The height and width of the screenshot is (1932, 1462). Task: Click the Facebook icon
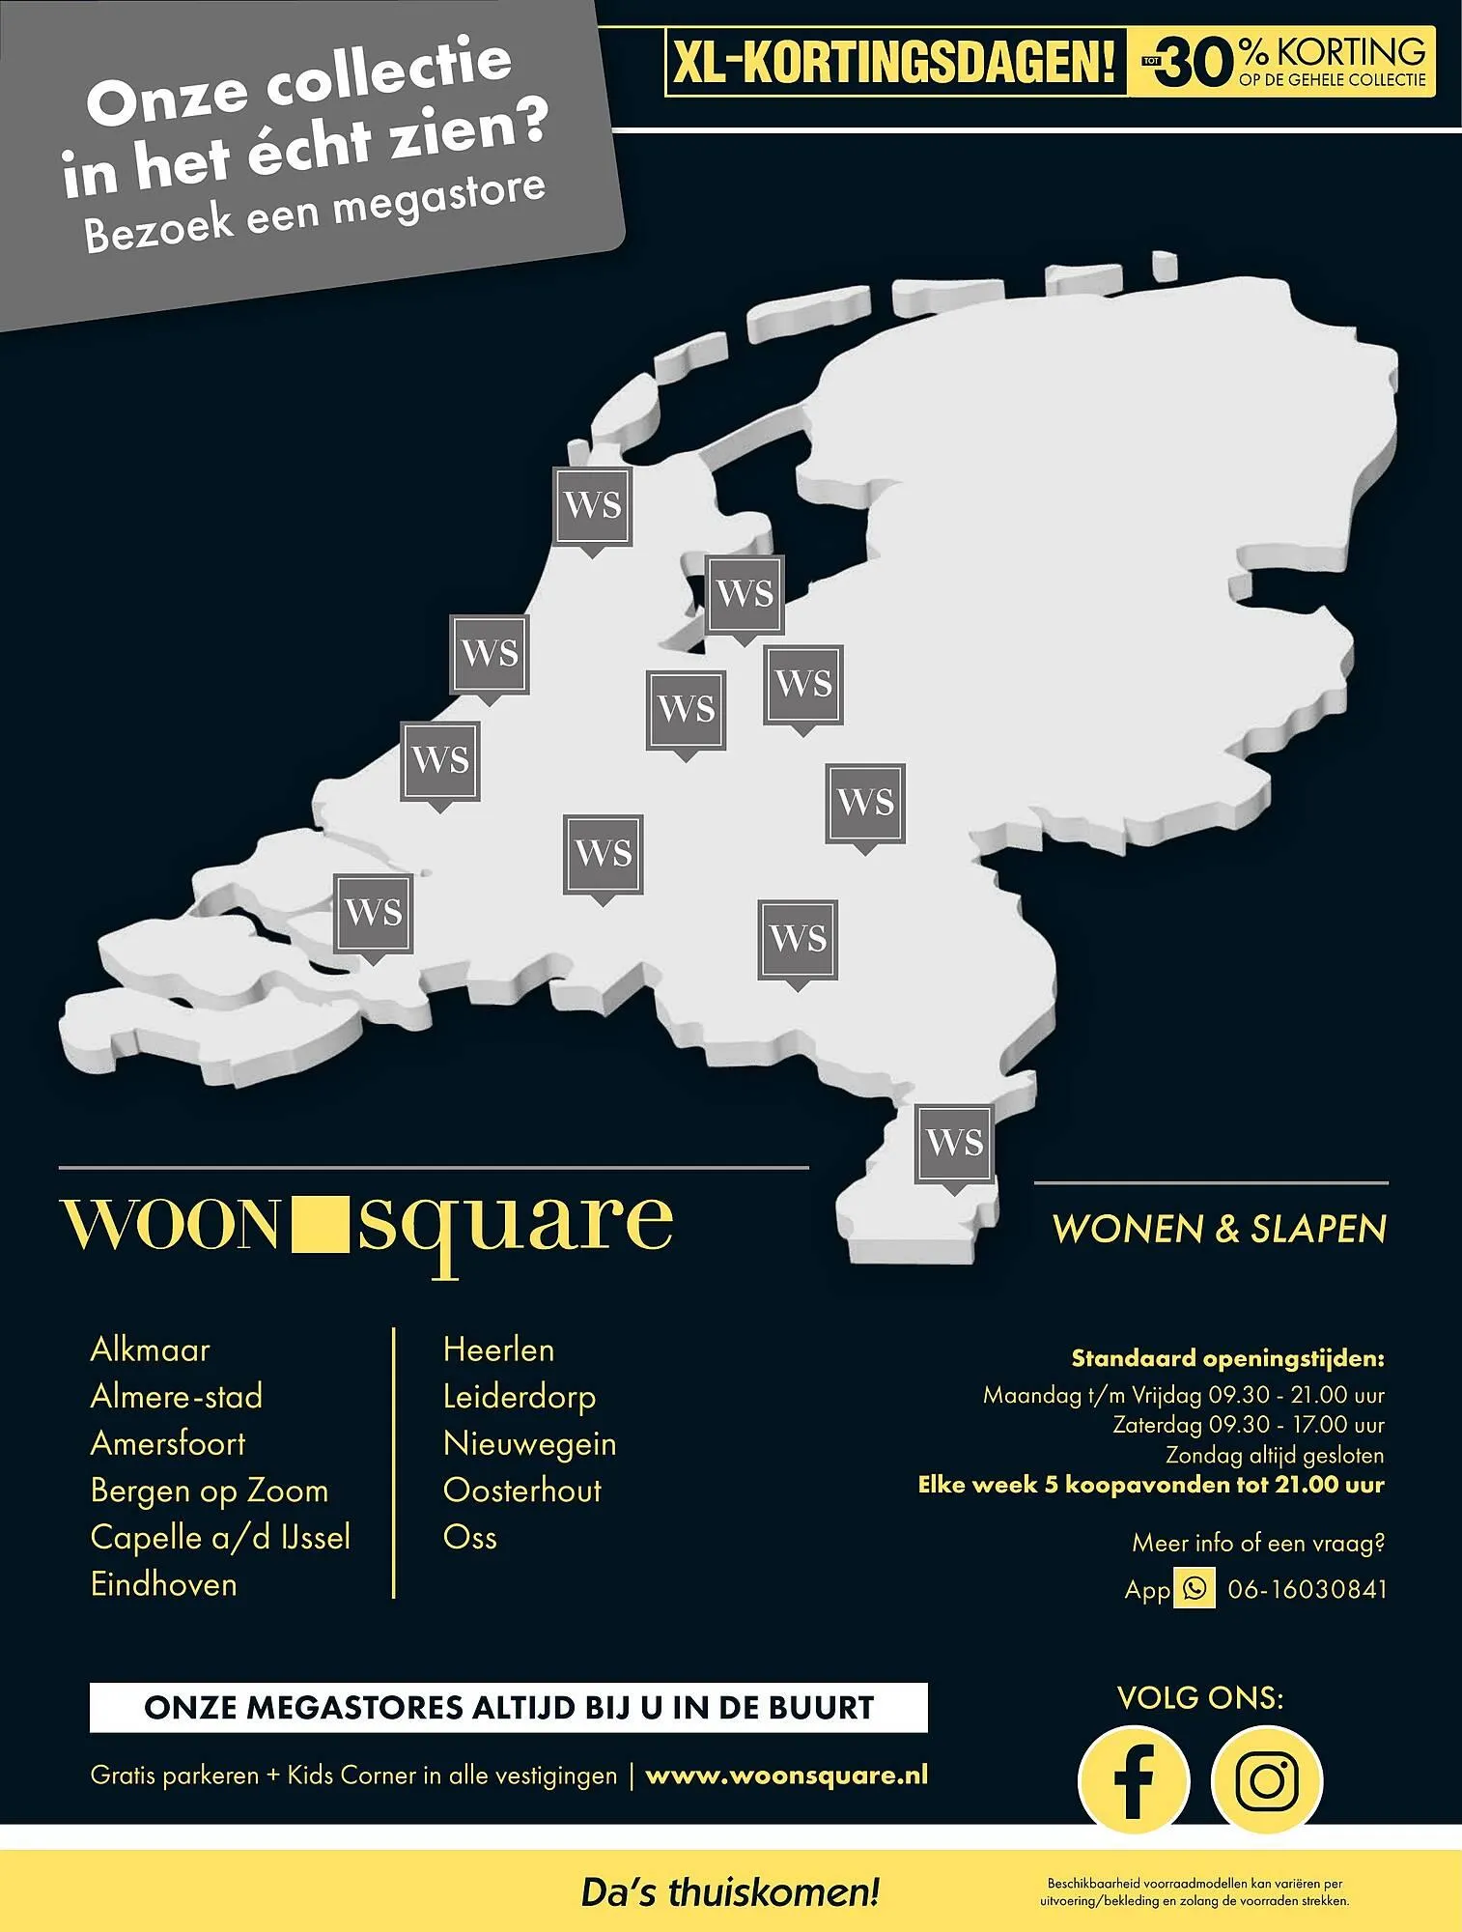pyautogui.click(x=1134, y=1780)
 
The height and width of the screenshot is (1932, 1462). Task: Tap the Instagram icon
pyautogui.click(x=1266, y=1780)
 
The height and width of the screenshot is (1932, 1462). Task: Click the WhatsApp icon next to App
pyautogui.click(x=1195, y=1589)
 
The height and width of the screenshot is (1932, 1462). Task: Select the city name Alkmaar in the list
pyautogui.click(x=150, y=1350)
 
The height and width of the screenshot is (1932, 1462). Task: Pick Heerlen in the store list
pyautogui.click(x=498, y=1350)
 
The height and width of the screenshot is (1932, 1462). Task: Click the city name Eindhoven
pyautogui.click(x=163, y=1584)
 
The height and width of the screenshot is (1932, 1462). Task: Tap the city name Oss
pyautogui.click(x=469, y=1537)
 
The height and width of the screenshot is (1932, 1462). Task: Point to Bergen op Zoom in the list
pyautogui.click(x=209, y=1491)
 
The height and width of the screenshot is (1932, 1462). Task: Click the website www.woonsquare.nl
pyautogui.click(x=786, y=1776)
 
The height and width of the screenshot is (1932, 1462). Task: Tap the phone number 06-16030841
pyautogui.click(x=1307, y=1589)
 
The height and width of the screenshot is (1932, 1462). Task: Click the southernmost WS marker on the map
pyautogui.click(x=954, y=1145)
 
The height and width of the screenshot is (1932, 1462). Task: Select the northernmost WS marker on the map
pyautogui.click(x=592, y=506)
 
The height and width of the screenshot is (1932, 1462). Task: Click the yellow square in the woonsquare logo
pyautogui.click(x=318, y=1222)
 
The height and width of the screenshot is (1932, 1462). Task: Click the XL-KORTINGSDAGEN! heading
pyautogui.click(x=894, y=63)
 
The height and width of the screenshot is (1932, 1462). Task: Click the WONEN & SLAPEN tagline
pyautogui.click(x=1219, y=1229)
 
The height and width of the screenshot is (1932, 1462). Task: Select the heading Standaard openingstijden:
pyautogui.click(x=1227, y=1359)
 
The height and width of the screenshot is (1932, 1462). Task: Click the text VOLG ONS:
pyautogui.click(x=1200, y=1698)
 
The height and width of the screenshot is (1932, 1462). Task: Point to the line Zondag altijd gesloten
pyautogui.click(x=1274, y=1455)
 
